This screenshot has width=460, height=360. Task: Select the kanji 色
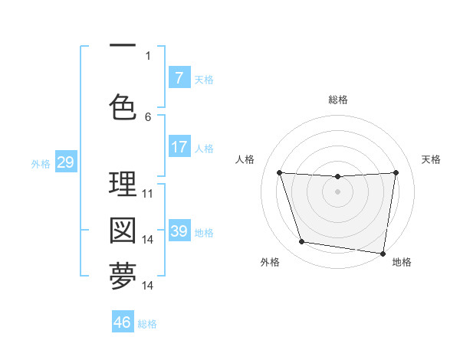[x=123, y=107]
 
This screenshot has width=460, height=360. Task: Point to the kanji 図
[x=123, y=231]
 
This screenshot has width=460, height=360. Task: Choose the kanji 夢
[x=123, y=277]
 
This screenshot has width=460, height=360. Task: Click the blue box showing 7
[x=179, y=78]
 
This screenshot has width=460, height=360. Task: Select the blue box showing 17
[x=179, y=147]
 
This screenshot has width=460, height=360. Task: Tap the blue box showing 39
[x=179, y=231]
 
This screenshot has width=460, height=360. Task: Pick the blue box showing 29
[x=65, y=162]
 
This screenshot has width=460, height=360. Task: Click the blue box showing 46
[x=123, y=322]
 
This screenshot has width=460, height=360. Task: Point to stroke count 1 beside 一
[x=148, y=55]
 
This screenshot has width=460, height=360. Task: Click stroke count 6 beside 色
[x=148, y=117]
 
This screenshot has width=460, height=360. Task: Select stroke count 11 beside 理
[x=148, y=194]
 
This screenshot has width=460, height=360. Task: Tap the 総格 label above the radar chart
[x=337, y=100]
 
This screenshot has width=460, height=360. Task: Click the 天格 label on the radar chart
[x=431, y=159]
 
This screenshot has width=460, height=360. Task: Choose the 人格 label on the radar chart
[x=245, y=159]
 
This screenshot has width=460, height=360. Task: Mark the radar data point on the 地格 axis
[x=383, y=253]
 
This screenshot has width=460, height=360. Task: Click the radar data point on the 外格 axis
[x=301, y=242]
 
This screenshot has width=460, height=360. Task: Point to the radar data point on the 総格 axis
[x=337, y=177]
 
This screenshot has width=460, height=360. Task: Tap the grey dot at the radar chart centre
[x=337, y=191]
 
